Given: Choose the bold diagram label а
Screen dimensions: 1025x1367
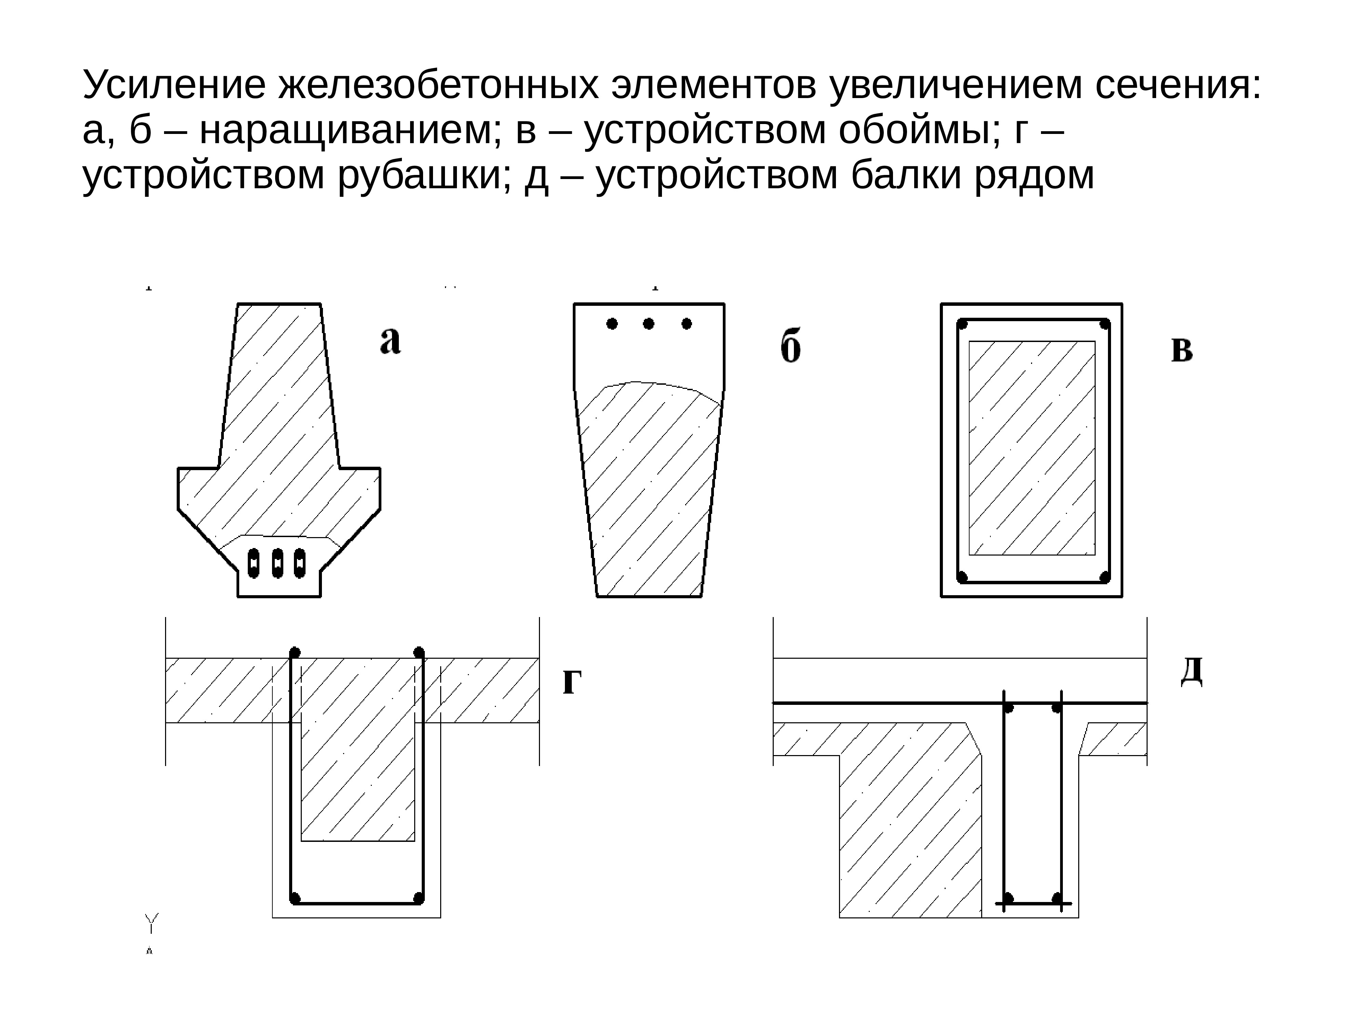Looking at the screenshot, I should (x=390, y=340).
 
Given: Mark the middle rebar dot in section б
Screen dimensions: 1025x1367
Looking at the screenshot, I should (x=648, y=324).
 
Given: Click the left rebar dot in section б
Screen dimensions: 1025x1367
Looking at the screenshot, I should (x=612, y=324).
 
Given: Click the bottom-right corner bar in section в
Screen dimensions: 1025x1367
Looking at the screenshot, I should (x=1104, y=577).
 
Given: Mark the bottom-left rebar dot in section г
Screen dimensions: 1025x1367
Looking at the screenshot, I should (x=295, y=898).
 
